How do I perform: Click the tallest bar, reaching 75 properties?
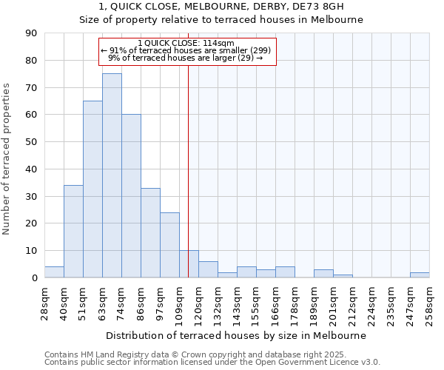[x=112, y=175]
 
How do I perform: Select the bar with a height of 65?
[x=92, y=189]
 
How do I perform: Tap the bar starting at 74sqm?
[x=131, y=196]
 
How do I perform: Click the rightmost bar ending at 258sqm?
[x=420, y=275]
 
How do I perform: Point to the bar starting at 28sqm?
[x=54, y=272]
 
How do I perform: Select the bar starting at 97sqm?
[x=169, y=245]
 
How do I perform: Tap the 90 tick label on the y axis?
[x=31, y=33]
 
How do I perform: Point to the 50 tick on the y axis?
[x=31, y=142]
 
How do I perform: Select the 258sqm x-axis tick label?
[x=429, y=301]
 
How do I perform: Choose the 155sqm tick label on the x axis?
[x=256, y=301]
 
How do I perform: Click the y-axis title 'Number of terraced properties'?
[x=7, y=159]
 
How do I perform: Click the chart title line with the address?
[x=221, y=7]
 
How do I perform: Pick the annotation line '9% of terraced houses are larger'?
[x=185, y=58]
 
